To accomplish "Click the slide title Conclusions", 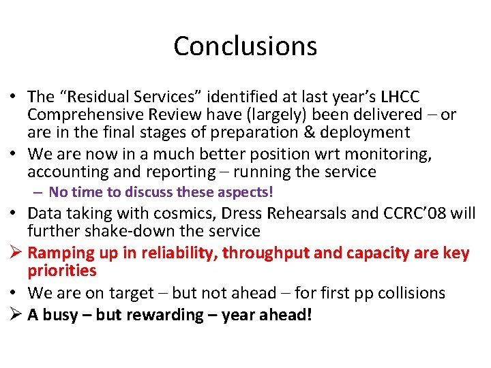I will (x=245, y=46).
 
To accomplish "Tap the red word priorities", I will (x=62, y=271).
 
